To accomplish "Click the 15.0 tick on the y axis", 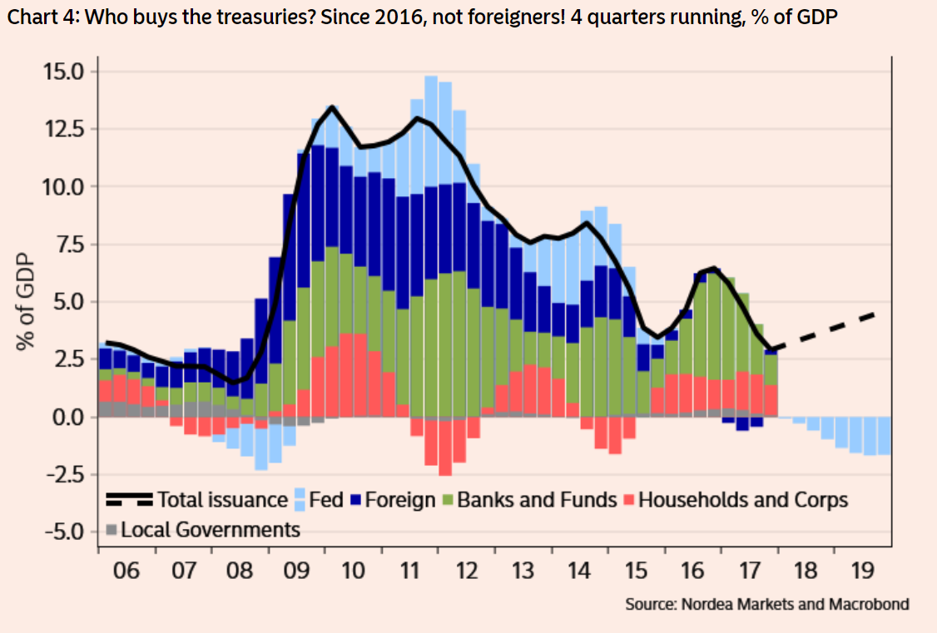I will point(64,72).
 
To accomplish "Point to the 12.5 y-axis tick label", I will point(64,129).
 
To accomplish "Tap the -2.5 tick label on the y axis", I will point(62,474).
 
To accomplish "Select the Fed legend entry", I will point(320,500).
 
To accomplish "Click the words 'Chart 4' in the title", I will point(34,17).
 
